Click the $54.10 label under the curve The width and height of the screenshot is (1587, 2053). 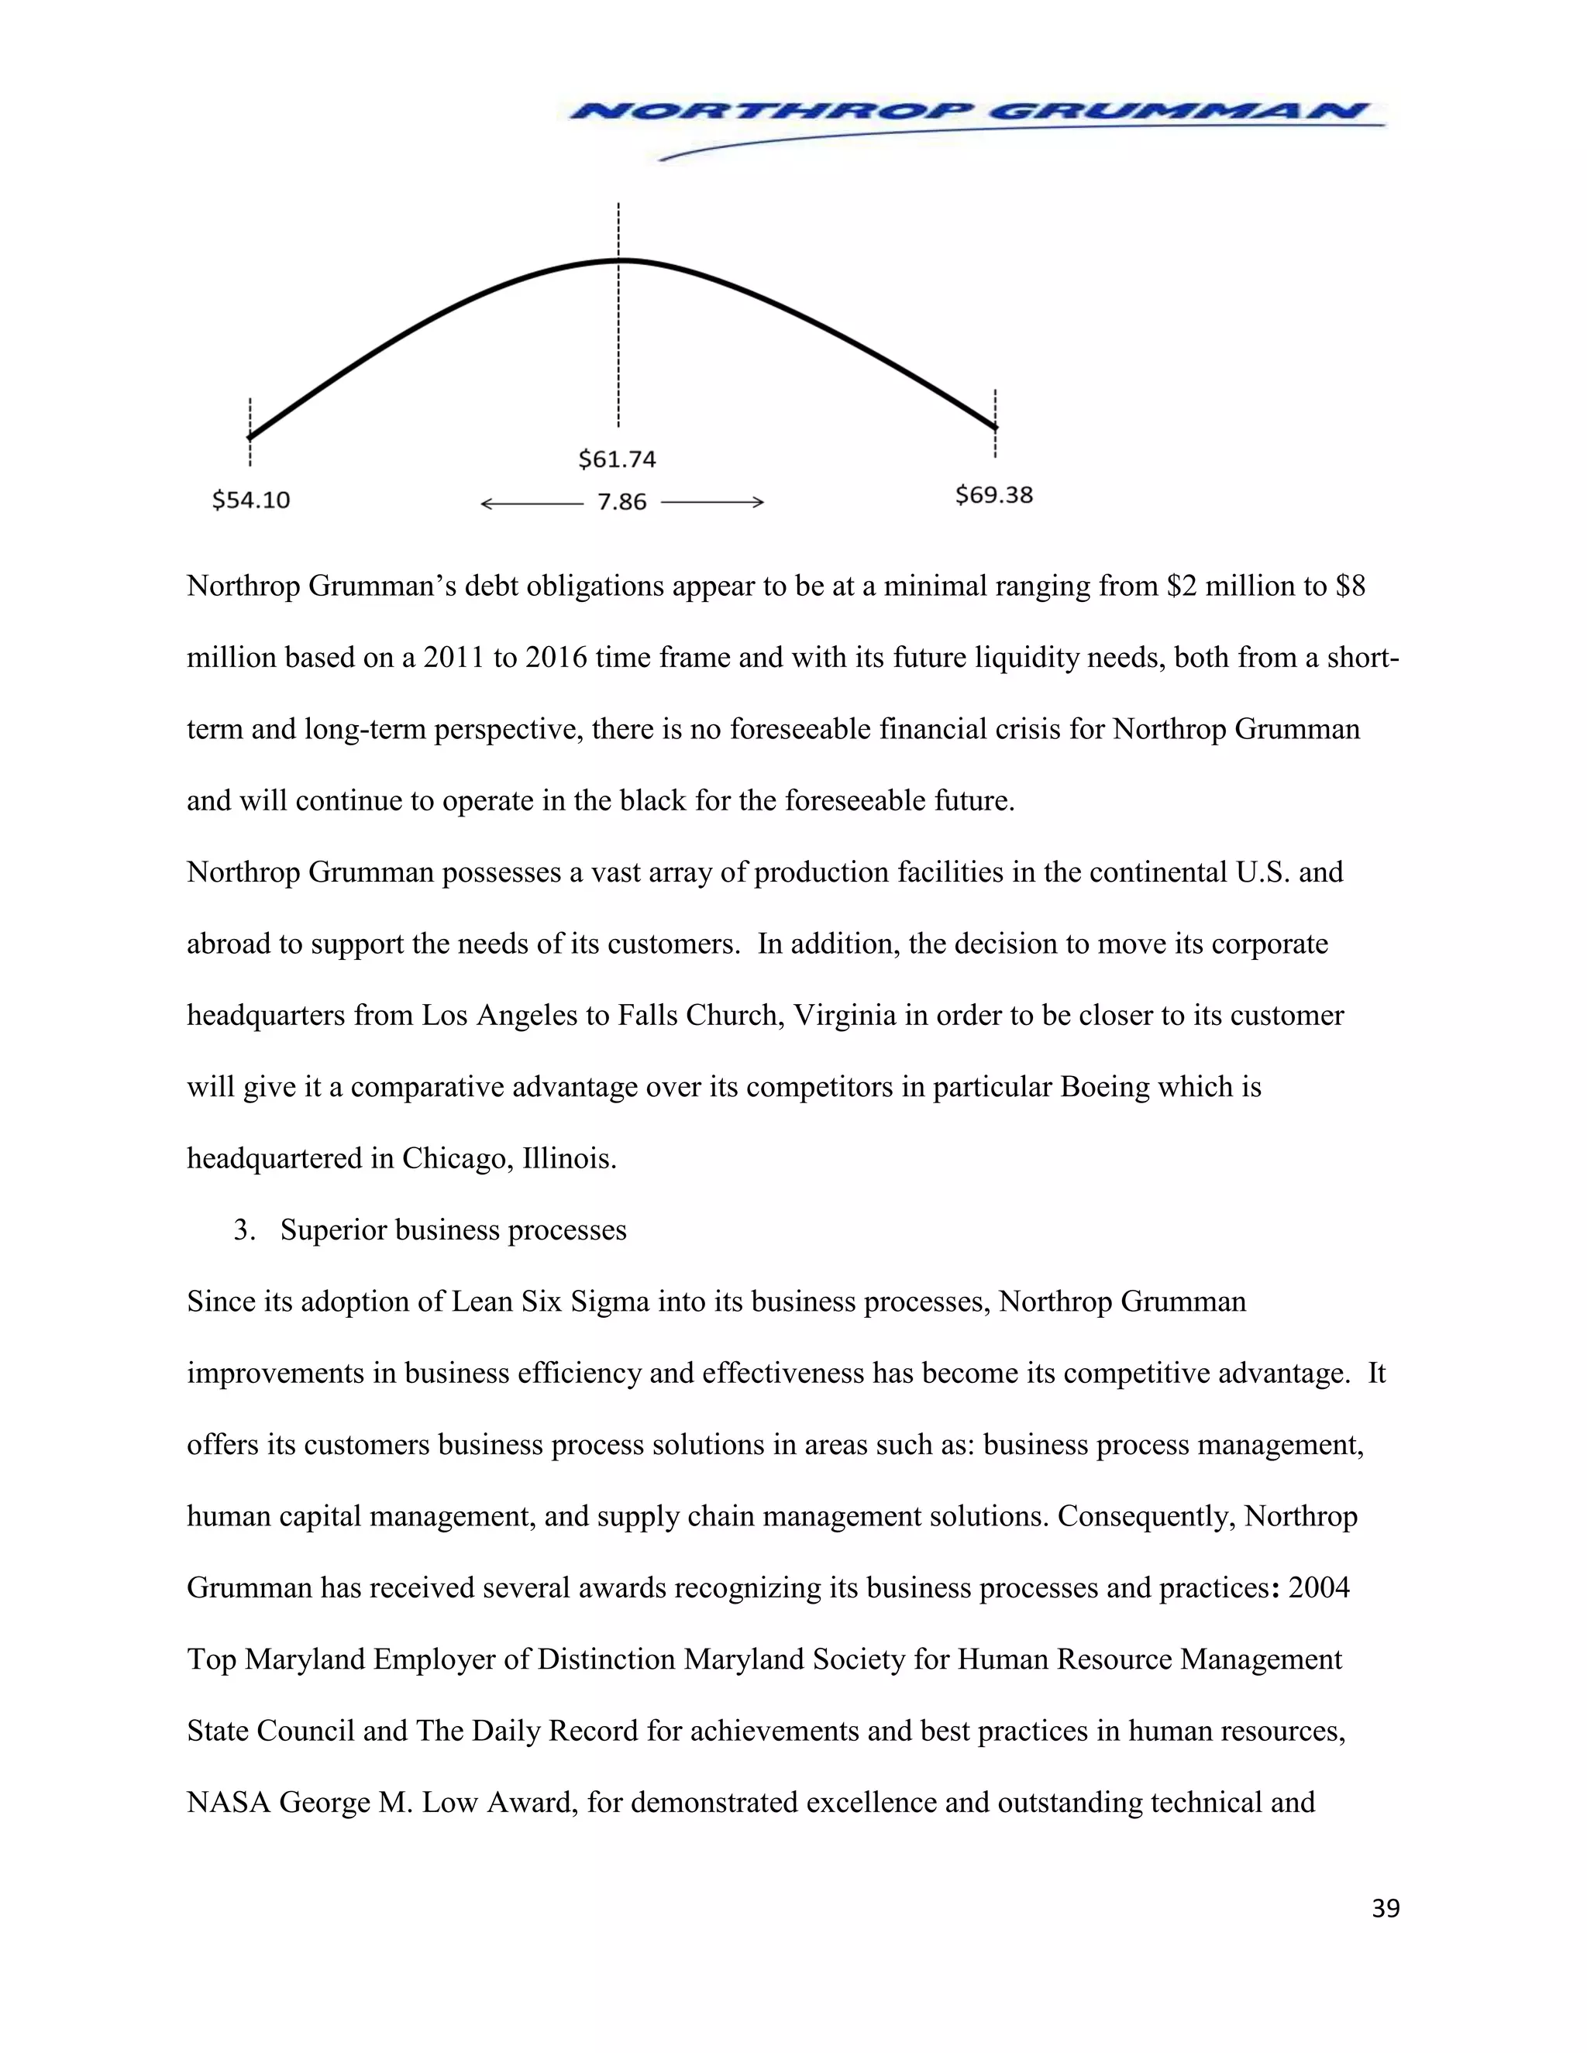(x=251, y=500)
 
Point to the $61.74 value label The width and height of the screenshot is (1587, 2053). (x=617, y=459)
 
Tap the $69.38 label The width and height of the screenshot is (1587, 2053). (x=993, y=495)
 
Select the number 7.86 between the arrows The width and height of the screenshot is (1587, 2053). (x=621, y=502)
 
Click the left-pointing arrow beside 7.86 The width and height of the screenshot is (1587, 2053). (x=531, y=504)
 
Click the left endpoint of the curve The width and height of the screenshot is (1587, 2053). (x=250, y=437)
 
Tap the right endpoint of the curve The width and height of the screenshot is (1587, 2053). (x=995, y=428)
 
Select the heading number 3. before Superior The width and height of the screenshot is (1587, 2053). (x=244, y=1230)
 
